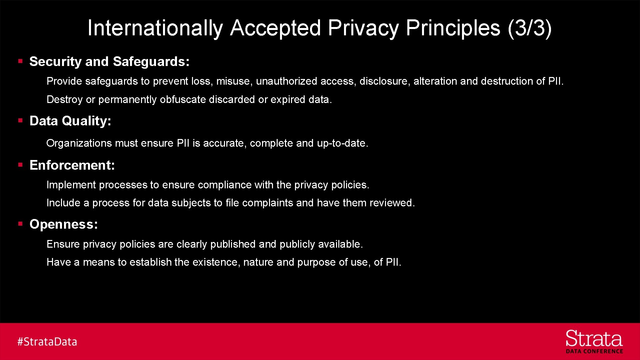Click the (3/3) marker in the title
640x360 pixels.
(530, 28)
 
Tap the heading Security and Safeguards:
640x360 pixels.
(109, 62)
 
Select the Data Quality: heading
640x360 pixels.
(70, 121)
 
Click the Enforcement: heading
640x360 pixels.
(72, 165)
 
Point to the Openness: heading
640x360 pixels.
(64, 224)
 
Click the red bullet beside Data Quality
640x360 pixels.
(20, 120)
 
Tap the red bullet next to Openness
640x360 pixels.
(20, 224)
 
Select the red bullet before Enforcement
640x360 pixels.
(20, 165)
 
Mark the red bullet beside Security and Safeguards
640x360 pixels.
(20, 61)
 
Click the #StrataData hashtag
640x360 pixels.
(47, 342)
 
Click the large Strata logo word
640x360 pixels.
(594, 339)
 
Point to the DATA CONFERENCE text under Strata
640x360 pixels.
(594, 351)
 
